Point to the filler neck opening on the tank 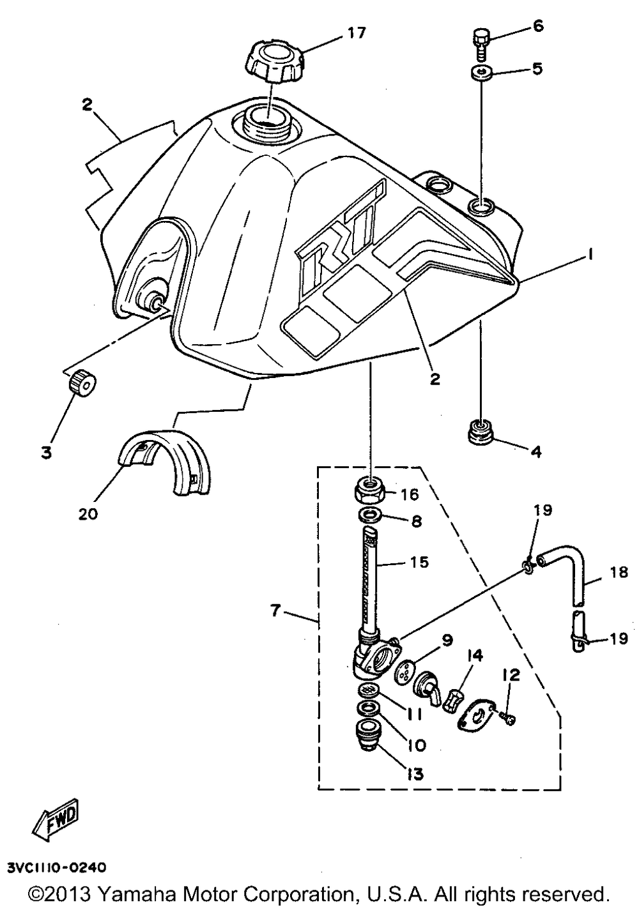point(266,118)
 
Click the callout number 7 point(275,610)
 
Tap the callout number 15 point(419,562)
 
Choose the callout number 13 point(415,774)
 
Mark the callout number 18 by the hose point(619,573)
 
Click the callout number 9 point(446,639)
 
